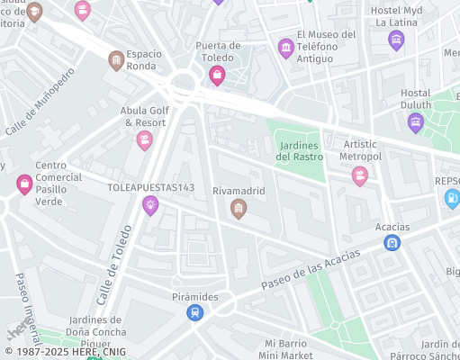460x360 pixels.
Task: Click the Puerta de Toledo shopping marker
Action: click(x=217, y=76)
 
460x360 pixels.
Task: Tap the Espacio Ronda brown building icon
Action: click(x=116, y=60)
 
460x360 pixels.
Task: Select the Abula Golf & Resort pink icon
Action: click(x=144, y=140)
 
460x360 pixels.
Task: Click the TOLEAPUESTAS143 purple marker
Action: click(x=150, y=206)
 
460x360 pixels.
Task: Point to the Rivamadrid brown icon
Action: click(x=239, y=210)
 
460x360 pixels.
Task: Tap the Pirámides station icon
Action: click(x=194, y=312)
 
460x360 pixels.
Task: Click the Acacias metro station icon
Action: click(x=392, y=243)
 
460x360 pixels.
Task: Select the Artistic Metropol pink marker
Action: click(x=360, y=175)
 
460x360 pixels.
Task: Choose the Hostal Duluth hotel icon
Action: click(x=415, y=122)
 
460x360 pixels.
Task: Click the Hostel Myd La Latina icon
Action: click(x=395, y=40)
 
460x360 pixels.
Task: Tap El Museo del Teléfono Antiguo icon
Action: click(x=286, y=48)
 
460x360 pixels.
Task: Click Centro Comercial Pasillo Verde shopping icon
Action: click(x=24, y=184)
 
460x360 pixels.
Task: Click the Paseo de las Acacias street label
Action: click(x=311, y=270)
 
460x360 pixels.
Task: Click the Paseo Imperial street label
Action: click(x=28, y=307)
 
